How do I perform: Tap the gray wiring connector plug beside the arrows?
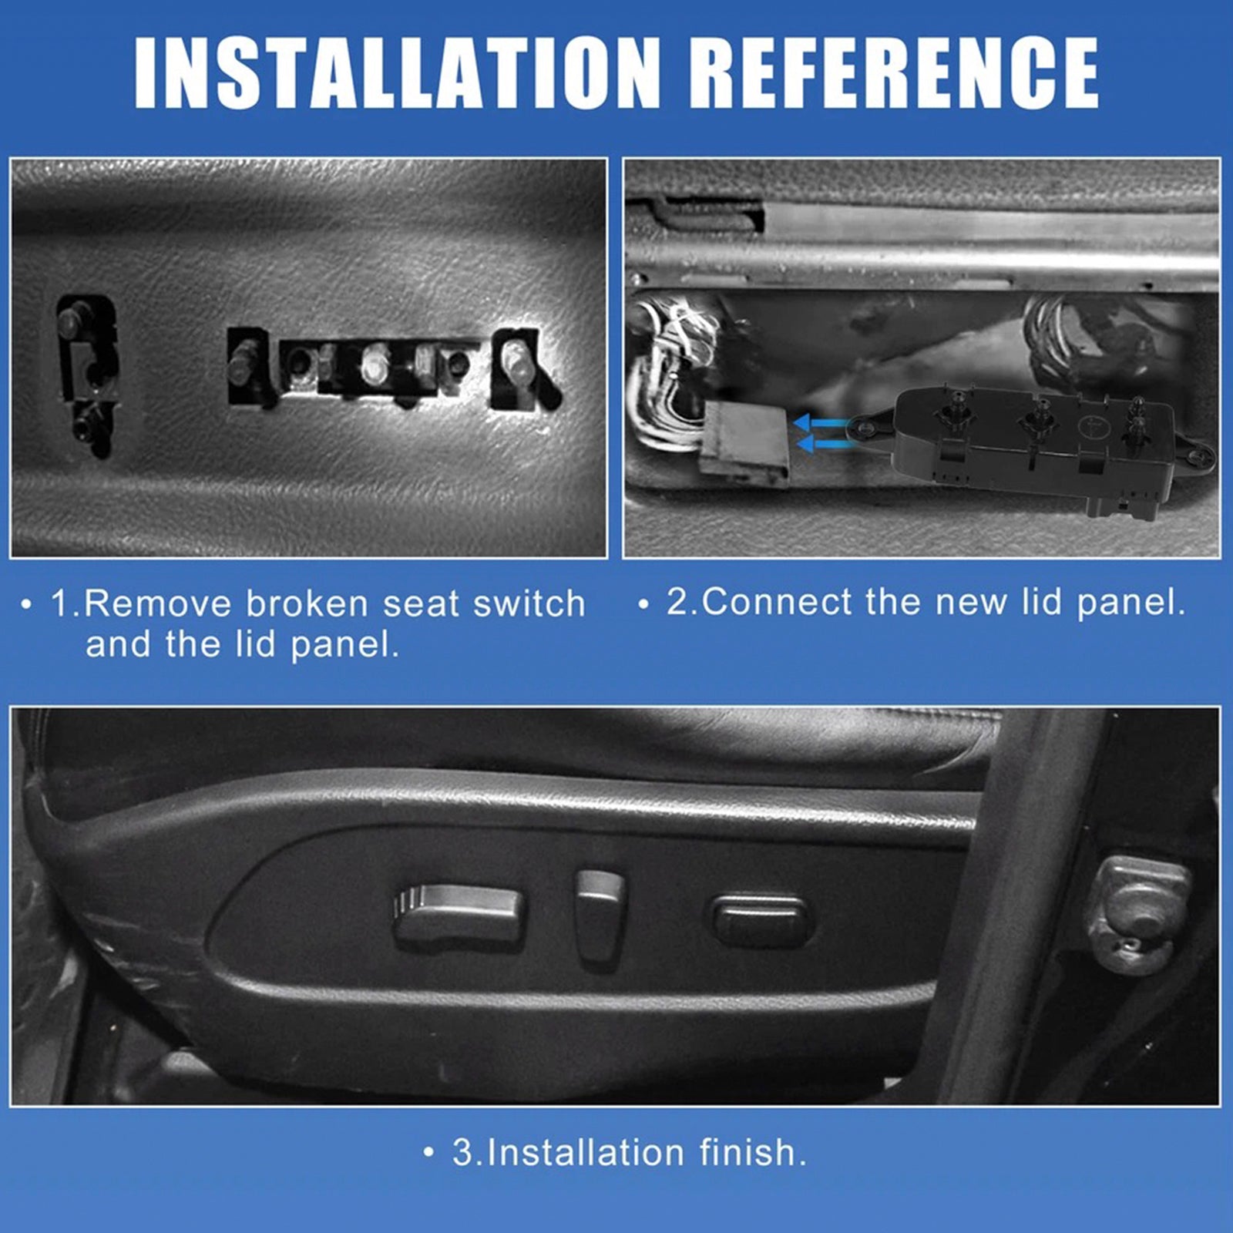click(744, 444)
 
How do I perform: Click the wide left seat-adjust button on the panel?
click(459, 917)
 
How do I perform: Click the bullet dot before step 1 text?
click(27, 604)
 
